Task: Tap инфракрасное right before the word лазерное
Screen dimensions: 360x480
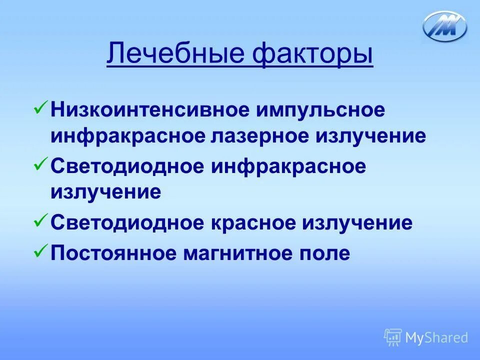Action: point(127,136)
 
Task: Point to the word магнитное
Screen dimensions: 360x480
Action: point(240,252)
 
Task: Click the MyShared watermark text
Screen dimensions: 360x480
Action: point(436,337)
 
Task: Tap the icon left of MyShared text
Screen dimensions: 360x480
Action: point(392,337)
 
